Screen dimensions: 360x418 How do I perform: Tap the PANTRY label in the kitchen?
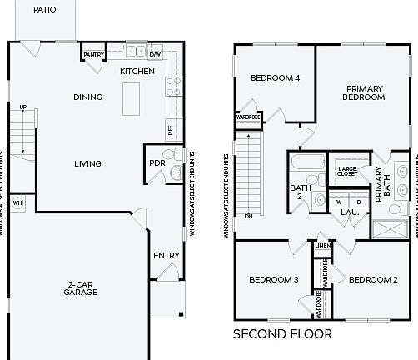coord(92,55)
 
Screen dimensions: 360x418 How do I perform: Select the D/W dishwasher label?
coord(155,55)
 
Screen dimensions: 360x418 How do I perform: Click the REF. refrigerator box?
coord(172,129)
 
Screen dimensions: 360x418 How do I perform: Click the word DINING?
coord(87,97)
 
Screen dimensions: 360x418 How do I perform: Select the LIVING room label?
coord(87,163)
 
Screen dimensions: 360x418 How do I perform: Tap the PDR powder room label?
coord(156,162)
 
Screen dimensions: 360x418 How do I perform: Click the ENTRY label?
coord(164,256)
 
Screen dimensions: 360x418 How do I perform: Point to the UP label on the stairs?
coord(22,107)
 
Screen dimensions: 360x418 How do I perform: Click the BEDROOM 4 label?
coord(275,78)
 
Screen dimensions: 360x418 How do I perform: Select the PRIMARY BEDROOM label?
coord(365,92)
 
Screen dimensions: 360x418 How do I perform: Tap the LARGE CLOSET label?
coord(347,172)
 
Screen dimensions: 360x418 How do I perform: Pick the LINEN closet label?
coord(322,245)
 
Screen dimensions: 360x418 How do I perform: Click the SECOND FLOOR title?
coord(282,334)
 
